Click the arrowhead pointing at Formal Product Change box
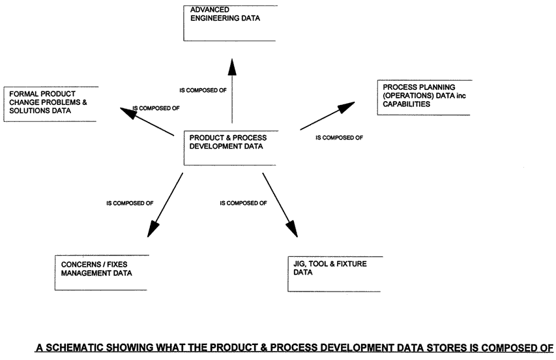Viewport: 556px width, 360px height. click(x=126, y=112)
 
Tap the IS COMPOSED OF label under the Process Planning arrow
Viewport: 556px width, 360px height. click(x=339, y=138)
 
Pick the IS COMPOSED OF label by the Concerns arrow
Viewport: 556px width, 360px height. click(x=130, y=203)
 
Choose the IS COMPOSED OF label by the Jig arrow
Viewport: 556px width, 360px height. click(x=243, y=203)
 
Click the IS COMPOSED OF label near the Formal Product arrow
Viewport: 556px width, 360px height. click(x=156, y=108)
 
